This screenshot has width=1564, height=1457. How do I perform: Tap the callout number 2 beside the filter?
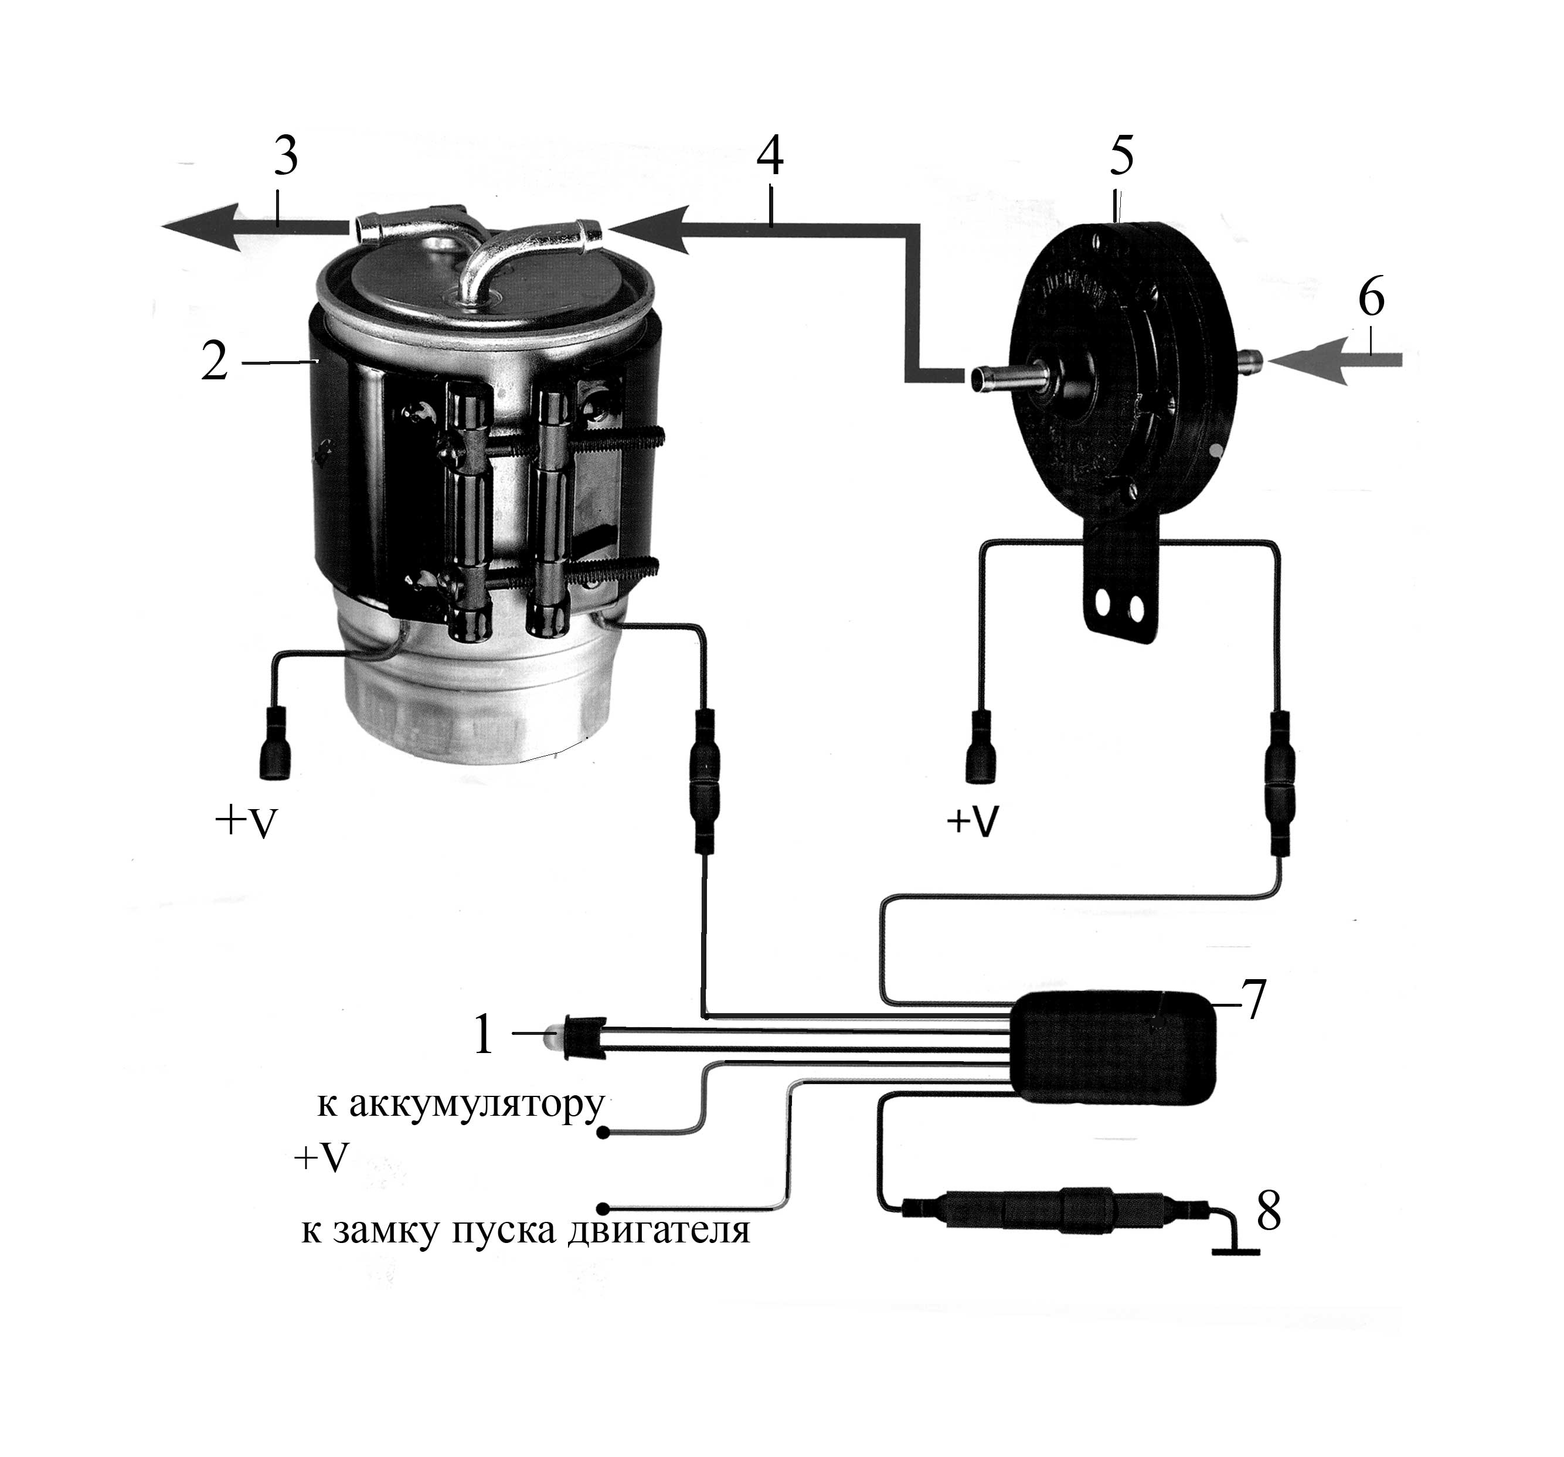click(214, 362)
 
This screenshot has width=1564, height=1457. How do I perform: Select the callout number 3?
click(285, 157)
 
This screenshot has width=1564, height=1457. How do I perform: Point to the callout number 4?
click(770, 157)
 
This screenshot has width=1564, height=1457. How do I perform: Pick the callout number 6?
click(1371, 299)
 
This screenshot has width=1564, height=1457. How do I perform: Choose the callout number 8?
click(1269, 1211)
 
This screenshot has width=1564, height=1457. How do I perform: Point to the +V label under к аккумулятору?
click(321, 1157)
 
